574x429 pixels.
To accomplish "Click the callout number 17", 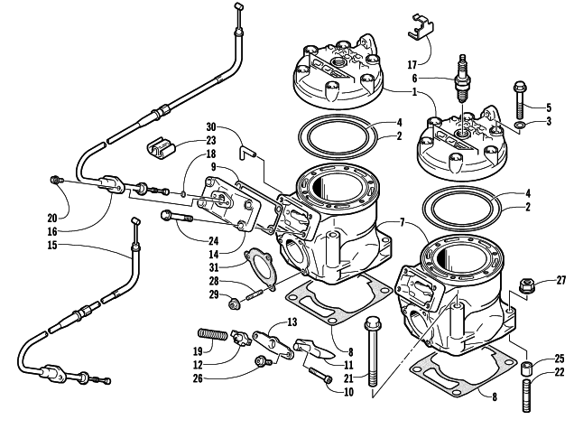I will (x=413, y=64).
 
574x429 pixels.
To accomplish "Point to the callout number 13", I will (x=292, y=322).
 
